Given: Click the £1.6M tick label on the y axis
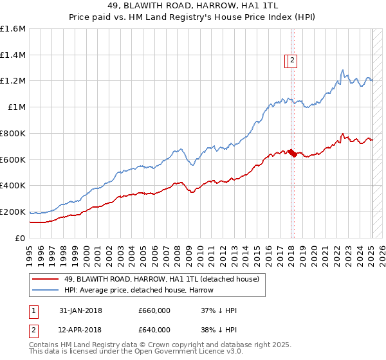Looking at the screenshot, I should [x=13, y=29].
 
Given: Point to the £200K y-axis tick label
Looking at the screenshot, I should [x=13, y=212].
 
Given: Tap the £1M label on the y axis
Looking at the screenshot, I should [x=17, y=107].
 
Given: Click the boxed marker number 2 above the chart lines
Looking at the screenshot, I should [x=291, y=61].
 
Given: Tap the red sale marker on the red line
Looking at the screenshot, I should [x=292, y=152].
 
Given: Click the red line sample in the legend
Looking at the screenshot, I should [x=45, y=279].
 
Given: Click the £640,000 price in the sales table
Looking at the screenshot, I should [x=154, y=330].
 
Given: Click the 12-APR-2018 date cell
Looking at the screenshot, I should [x=80, y=330].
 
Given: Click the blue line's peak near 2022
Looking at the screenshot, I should [x=342, y=70].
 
